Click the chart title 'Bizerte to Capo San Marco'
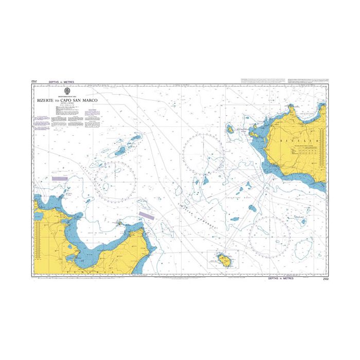tap(66, 101)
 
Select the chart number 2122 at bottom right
tap(325, 279)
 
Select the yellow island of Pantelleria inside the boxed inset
tap(224, 259)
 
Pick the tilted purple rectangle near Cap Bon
tap(146, 216)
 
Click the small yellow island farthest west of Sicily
tap(230, 128)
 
